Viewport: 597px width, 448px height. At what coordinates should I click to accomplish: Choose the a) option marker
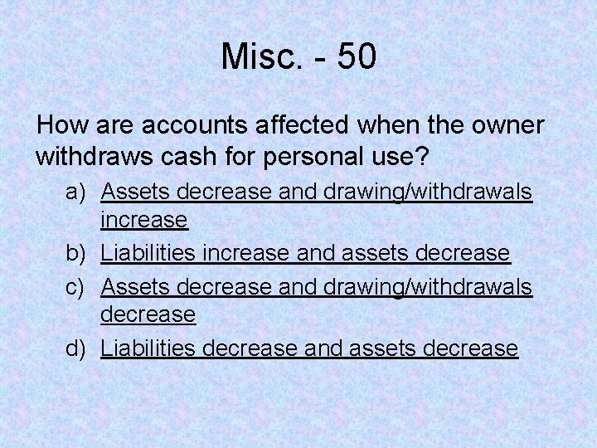coord(76,192)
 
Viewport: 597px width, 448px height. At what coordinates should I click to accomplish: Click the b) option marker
coord(76,252)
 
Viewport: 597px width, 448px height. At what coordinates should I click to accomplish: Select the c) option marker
coord(76,285)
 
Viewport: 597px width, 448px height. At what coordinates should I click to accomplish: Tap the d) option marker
coord(76,348)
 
